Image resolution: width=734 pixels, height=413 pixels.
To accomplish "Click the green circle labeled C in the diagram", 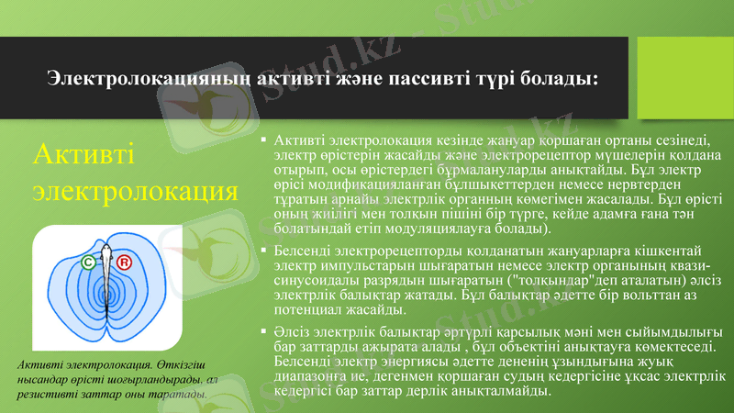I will tap(88, 262).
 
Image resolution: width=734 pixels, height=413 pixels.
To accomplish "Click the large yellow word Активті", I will tap(83, 153).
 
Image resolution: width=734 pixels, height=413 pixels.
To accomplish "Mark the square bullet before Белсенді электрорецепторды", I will tap(263, 250).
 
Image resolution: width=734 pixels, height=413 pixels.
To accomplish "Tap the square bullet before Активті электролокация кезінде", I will tap(263, 140).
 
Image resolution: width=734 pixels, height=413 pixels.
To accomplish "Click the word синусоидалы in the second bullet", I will tap(317, 280).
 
